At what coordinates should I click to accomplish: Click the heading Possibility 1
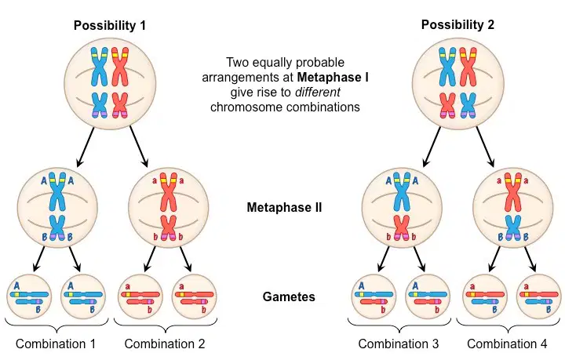tap(110, 26)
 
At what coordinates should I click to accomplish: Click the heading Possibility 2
tap(457, 25)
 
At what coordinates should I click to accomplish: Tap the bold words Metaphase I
tap(333, 78)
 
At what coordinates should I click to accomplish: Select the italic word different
tap(317, 93)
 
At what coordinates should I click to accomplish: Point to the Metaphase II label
tap(284, 208)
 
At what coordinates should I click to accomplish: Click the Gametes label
tap(289, 296)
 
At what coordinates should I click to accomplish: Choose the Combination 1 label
tap(56, 344)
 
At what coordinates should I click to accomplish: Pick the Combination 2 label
tap(165, 344)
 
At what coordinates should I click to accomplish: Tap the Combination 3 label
tap(399, 344)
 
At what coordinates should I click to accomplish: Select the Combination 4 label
tap(507, 344)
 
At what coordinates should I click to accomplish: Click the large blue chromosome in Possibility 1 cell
tap(99, 67)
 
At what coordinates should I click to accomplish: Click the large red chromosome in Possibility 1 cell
tap(120, 67)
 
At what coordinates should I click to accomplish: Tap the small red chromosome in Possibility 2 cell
tap(447, 105)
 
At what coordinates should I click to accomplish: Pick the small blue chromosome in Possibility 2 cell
tap(468, 105)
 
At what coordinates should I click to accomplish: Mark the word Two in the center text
tap(238, 63)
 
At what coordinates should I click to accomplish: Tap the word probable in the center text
tap(323, 63)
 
